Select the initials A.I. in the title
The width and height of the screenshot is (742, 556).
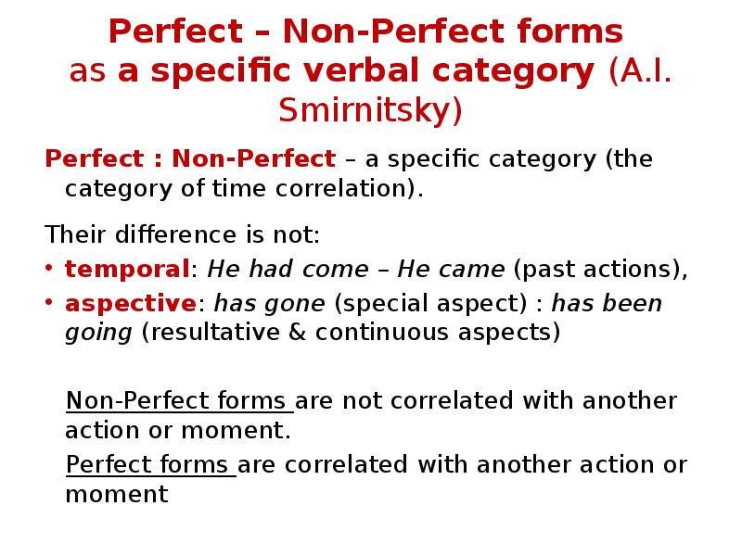pyautogui.click(x=640, y=72)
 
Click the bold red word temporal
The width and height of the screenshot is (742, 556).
pyautogui.click(x=127, y=270)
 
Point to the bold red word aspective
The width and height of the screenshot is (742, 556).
pyautogui.click(x=130, y=304)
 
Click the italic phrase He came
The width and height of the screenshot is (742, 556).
pyautogui.click(x=451, y=270)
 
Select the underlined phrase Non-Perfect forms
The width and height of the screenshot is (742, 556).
pyautogui.click(x=178, y=401)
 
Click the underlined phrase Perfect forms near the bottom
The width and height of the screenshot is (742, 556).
pyautogui.click(x=150, y=464)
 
